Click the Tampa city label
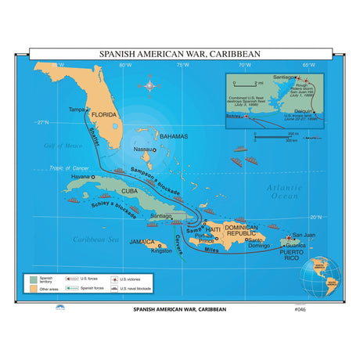point(76,109)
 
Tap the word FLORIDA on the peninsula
point(104,115)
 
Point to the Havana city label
point(81,177)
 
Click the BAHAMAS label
point(173,136)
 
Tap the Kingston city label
point(160,250)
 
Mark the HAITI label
point(211,228)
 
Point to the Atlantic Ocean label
point(283,192)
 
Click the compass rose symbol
point(147,84)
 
